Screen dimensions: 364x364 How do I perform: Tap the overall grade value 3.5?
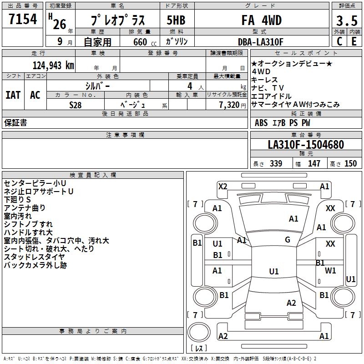[x=346, y=21]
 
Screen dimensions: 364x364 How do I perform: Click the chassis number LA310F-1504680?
[x=306, y=145]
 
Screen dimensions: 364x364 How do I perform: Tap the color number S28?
[x=76, y=105]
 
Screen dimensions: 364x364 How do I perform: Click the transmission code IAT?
[x=13, y=95]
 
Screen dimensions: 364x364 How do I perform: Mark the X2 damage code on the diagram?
[x=222, y=186]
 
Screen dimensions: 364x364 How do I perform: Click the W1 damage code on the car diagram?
[x=330, y=270]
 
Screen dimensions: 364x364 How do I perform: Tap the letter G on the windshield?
[x=288, y=240]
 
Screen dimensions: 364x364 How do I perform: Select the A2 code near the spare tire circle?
[x=223, y=336]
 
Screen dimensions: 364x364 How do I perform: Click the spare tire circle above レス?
[x=198, y=332]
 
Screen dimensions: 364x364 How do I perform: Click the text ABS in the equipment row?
[x=261, y=123]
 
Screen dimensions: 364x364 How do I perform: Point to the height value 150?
[x=350, y=164]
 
